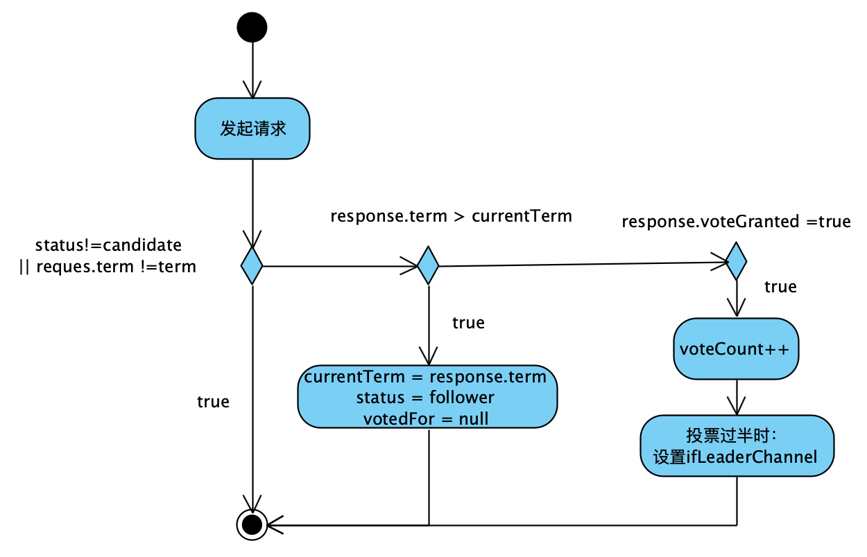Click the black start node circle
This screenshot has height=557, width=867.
click(252, 28)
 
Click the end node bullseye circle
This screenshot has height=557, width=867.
click(252, 524)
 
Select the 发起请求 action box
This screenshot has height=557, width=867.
click(252, 129)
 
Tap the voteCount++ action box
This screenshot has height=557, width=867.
click(735, 348)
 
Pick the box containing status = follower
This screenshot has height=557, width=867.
click(427, 397)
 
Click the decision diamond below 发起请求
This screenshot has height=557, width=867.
click(252, 265)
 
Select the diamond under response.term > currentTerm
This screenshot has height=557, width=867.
click(428, 265)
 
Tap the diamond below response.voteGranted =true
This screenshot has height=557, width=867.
click(736, 261)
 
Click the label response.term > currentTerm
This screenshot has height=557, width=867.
click(451, 216)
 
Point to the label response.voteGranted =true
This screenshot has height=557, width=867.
click(735, 222)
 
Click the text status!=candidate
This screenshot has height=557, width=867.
click(108, 245)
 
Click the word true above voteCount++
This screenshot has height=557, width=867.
click(780, 287)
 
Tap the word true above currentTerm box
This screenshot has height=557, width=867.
click(468, 323)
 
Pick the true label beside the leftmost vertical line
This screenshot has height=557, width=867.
click(213, 402)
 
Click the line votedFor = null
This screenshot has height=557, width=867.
click(426, 418)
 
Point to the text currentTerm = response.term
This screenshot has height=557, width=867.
click(425, 377)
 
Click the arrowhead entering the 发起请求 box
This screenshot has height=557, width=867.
click(252, 90)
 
